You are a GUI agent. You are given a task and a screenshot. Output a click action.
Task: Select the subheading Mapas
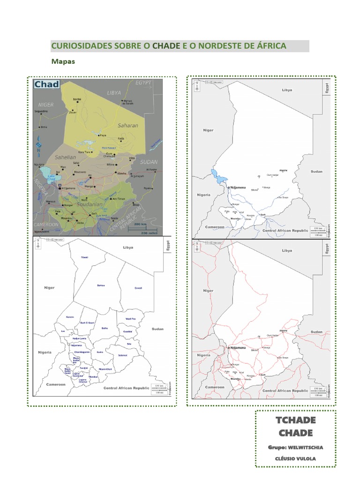(x=63, y=61)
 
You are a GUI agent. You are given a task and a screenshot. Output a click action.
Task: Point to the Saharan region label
(x=127, y=125)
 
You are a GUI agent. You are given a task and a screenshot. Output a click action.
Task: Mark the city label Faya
(x=103, y=135)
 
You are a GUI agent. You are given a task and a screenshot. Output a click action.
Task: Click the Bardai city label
(x=77, y=99)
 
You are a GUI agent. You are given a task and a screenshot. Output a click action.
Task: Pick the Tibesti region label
(x=85, y=257)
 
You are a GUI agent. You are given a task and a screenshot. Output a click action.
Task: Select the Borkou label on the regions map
(x=100, y=285)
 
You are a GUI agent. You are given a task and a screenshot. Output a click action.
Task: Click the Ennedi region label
(x=138, y=288)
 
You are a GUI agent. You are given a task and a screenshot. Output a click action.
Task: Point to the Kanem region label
(x=70, y=317)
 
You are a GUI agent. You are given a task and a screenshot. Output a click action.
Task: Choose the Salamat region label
(x=122, y=355)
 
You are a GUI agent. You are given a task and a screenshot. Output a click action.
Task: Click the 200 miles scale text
(x=149, y=232)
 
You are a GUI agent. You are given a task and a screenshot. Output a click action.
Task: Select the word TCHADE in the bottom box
(x=295, y=420)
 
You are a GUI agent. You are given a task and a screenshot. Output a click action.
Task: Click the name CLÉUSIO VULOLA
(x=295, y=457)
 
